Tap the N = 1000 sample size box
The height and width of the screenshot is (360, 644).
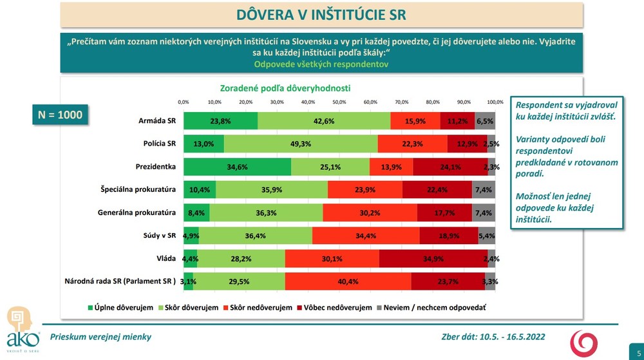(60, 115)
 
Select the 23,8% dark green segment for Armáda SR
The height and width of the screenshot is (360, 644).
(220, 120)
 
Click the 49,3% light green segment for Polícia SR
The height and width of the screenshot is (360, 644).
(301, 144)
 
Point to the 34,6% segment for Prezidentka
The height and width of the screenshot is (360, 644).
(237, 166)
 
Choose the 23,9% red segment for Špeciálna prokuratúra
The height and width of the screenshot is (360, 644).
(365, 189)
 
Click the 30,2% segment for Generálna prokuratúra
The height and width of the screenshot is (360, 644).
(370, 213)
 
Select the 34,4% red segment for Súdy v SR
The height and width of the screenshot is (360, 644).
(366, 235)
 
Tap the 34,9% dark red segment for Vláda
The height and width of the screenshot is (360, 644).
(433, 258)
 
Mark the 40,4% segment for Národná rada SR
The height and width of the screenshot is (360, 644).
(348, 281)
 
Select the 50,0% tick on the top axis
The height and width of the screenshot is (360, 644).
(339, 102)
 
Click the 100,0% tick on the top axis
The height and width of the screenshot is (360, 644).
(495, 102)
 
